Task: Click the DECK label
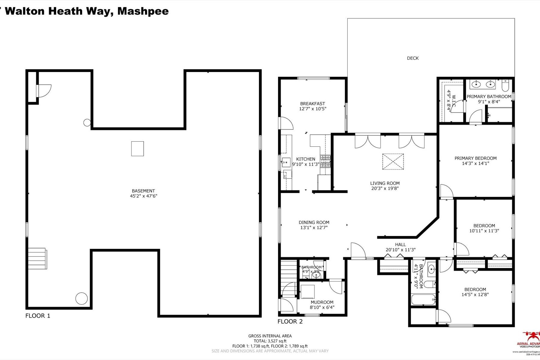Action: click(412, 58)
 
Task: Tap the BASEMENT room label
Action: click(143, 191)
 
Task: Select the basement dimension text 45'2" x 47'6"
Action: click(143, 196)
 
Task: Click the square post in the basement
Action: click(137, 149)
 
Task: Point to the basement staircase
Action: click(37, 259)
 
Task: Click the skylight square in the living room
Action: click(393, 162)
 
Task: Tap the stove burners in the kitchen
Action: click(325, 161)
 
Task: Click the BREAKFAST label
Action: click(313, 104)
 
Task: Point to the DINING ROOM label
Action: click(314, 222)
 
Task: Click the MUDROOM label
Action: click(322, 302)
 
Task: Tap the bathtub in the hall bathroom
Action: click(423, 299)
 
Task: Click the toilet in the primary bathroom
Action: click(505, 86)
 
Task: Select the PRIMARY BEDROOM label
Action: click(475, 158)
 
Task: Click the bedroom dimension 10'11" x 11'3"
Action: click(484, 231)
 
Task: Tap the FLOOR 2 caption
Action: click(290, 322)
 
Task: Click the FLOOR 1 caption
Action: click(38, 316)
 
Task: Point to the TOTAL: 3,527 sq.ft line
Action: click(270, 341)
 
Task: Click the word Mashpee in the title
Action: click(143, 11)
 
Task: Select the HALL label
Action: click(400, 244)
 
